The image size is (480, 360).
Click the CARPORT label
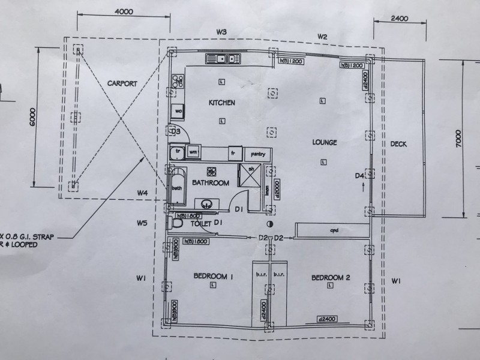[x=122, y=83]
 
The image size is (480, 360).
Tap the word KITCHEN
[x=221, y=103]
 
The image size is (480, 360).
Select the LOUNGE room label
[x=325, y=142]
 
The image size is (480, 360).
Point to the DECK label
[x=398, y=143]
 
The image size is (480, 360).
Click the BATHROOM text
[x=210, y=182]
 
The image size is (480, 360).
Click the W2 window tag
[x=322, y=37]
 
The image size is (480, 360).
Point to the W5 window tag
[x=142, y=223]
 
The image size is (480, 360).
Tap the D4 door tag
[x=359, y=176]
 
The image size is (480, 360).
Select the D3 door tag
[x=176, y=131]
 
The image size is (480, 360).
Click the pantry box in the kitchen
[x=258, y=153]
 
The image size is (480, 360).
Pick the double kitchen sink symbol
[x=223, y=58]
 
